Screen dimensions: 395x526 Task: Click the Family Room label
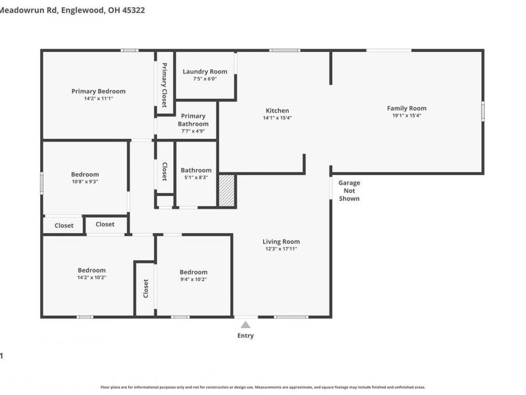(406, 108)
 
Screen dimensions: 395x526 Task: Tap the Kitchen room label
(277, 111)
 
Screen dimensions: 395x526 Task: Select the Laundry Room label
(204, 71)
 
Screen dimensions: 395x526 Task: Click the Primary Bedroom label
(98, 91)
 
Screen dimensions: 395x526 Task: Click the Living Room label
(281, 242)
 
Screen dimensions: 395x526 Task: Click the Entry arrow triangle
(245, 325)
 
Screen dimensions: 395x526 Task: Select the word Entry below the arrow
(245, 336)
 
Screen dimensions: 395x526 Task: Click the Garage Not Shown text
(349, 190)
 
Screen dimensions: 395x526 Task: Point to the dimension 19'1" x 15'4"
(406, 116)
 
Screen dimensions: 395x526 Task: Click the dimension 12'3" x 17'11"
(281, 250)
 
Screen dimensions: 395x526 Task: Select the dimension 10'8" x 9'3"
(85, 182)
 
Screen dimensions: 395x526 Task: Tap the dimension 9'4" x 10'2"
(193, 279)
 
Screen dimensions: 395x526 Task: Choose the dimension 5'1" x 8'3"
(195, 178)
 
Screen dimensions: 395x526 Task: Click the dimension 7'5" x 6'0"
(204, 79)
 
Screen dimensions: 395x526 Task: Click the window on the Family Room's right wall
(483, 110)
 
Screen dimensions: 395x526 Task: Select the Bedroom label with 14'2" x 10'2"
(91, 270)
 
